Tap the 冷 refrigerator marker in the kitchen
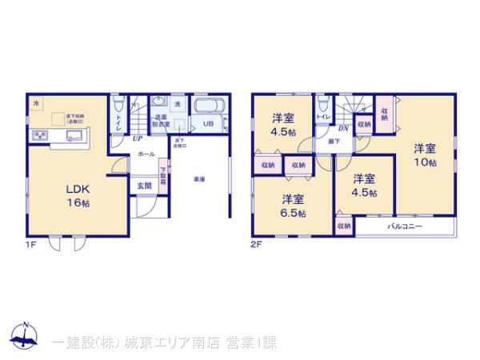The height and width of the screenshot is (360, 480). click(37, 104)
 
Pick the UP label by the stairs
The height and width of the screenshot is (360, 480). click(138, 137)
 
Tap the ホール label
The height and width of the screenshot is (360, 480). click(146, 153)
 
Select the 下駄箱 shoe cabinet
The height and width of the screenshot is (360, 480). click(163, 174)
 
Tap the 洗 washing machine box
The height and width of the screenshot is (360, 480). click(178, 104)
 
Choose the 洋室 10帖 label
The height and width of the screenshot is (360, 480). click(425, 154)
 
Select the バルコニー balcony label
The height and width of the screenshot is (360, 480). click(405, 227)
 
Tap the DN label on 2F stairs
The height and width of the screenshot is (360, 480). click(342, 128)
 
